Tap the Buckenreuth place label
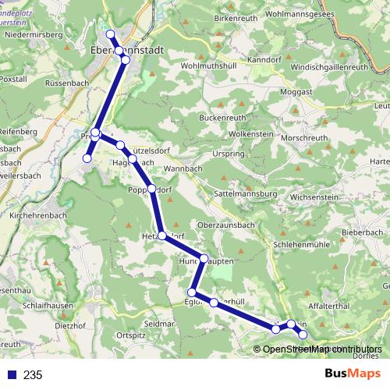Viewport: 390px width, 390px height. coord(222,118)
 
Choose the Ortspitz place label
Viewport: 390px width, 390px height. coord(130,335)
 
